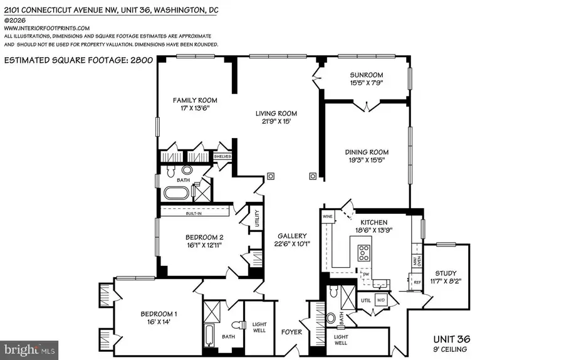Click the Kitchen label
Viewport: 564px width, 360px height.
373,222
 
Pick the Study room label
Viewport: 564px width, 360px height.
446,273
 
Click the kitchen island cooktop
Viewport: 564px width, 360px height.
364,253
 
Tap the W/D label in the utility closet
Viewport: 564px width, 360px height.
380,300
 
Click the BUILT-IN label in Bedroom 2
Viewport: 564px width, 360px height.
194,213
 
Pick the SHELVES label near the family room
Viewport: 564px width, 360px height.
222,156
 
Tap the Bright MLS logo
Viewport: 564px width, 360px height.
23,347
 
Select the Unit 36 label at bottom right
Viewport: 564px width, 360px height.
449,339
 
